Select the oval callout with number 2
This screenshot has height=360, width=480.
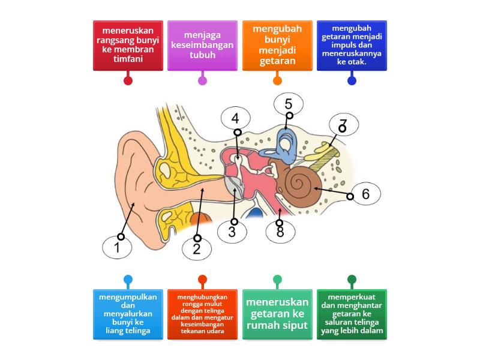(197, 248)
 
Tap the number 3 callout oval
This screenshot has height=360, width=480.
(232, 232)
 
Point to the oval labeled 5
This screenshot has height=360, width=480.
(289, 104)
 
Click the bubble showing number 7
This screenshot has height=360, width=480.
(343, 125)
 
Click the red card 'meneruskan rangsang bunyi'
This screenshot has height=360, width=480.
(128, 46)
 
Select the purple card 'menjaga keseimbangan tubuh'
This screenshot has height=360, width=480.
(202, 46)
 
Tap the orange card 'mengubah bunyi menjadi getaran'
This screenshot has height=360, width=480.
(277, 46)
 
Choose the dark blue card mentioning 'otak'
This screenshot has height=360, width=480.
(352, 46)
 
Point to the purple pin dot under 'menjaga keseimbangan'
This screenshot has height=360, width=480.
(202, 80)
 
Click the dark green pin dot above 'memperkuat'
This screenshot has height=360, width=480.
(352, 279)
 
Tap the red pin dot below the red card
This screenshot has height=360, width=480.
(128, 80)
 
